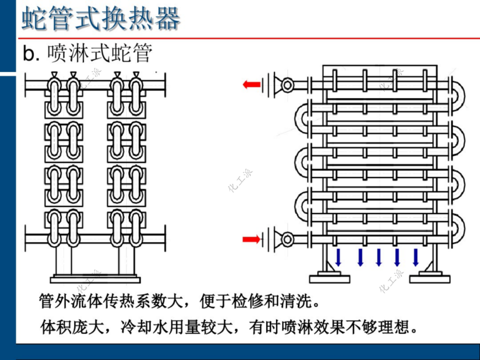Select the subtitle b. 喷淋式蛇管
(88, 53)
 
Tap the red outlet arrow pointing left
(252, 84)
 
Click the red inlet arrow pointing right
(252, 240)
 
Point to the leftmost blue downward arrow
(339, 257)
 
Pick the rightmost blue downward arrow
(416, 257)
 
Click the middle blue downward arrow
(379, 257)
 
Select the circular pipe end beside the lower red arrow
(288, 240)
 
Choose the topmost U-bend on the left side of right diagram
(302, 116)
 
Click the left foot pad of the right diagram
(329, 279)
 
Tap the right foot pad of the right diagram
(430, 279)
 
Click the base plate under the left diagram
(95, 280)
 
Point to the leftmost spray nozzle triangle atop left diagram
(54, 74)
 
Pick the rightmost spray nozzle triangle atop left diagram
(136, 74)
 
